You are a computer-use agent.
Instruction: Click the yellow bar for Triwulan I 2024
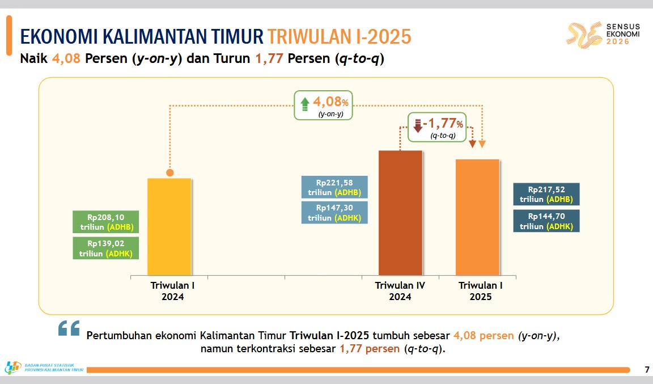click(169, 227)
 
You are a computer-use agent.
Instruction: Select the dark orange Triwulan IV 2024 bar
click(400, 213)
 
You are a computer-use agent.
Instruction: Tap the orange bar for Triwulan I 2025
click(477, 217)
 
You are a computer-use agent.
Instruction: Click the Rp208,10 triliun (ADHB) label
click(106, 222)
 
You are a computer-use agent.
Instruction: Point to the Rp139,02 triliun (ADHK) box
click(106, 248)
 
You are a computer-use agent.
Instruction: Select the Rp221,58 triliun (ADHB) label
click(334, 187)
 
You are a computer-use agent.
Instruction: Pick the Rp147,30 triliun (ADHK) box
click(334, 213)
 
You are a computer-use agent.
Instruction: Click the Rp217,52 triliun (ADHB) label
click(546, 195)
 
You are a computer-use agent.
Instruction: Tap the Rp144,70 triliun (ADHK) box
click(546, 221)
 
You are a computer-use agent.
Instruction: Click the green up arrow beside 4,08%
click(305, 104)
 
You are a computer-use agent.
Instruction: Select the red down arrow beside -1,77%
click(418, 125)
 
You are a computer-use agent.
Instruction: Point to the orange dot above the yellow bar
click(169, 172)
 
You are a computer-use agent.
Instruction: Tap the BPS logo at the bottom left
click(12, 368)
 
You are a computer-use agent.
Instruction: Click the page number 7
click(647, 369)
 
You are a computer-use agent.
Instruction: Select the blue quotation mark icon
click(69, 328)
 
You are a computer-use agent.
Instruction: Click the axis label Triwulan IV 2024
click(400, 291)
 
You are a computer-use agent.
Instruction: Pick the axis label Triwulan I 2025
click(481, 291)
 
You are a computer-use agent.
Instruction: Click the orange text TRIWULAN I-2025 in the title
click(339, 37)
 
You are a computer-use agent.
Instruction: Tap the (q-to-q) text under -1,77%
click(443, 136)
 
